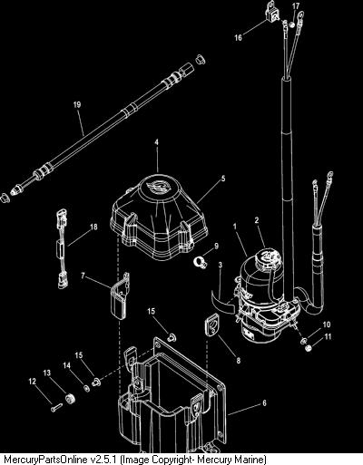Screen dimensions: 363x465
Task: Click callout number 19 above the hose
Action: tap(77, 104)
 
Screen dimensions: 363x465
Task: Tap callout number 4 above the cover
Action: tap(157, 142)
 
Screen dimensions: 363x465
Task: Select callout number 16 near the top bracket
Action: tap(239, 37)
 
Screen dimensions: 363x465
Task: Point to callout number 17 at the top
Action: tap(296, 6)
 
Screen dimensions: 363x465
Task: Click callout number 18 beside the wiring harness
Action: tap(94, 227)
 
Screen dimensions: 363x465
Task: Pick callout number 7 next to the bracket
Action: tap(83, 276)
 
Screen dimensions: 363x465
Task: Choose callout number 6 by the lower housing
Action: tap(264, 403)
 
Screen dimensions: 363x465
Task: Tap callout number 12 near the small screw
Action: tap(32, 382)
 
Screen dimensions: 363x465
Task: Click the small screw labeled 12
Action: tap(56, 408)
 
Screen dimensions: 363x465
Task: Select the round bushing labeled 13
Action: tap(71, 398)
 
